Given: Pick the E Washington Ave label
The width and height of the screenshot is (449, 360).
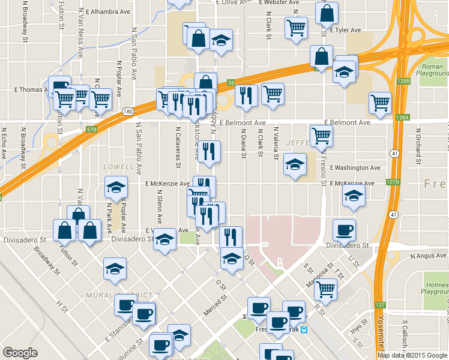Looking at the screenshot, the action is pos(355,168).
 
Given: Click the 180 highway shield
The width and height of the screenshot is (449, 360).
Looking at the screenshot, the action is pos(127,112).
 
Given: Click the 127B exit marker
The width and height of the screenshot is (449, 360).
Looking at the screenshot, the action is pos(393,182).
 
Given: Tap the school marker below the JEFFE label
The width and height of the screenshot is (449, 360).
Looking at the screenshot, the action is pos(295,164).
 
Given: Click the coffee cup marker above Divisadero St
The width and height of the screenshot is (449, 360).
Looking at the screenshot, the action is pos(344,229).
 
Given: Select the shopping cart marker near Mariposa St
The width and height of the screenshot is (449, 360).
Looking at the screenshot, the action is pos(325,289).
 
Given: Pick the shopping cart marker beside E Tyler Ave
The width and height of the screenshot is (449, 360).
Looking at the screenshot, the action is pos(296,27).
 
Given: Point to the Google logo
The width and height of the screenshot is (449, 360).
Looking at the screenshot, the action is pos(20,353).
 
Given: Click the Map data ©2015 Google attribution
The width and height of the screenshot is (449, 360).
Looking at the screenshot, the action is pos(412,355).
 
